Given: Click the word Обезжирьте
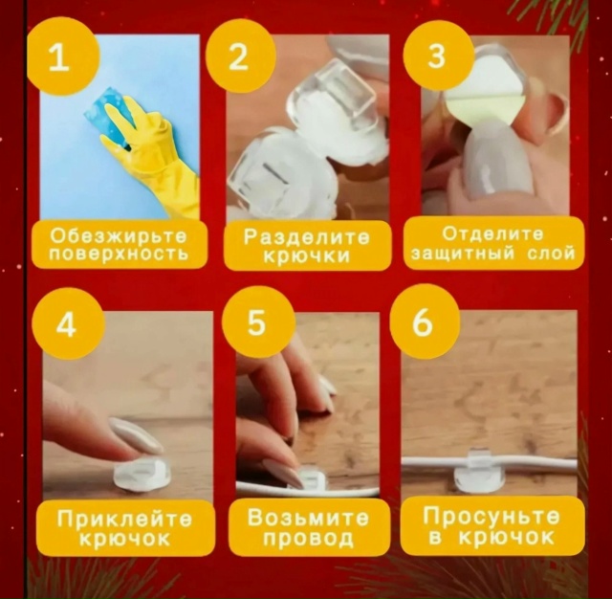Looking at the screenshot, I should (x=119, y=236).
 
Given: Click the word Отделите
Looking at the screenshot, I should (x=492, y=234).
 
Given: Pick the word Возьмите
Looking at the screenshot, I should (x=308, y=518).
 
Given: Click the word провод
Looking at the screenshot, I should (x=308, y=539).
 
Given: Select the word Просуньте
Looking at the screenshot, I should (x=492, y=518).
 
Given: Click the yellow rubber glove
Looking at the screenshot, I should (x=158, y=153).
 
